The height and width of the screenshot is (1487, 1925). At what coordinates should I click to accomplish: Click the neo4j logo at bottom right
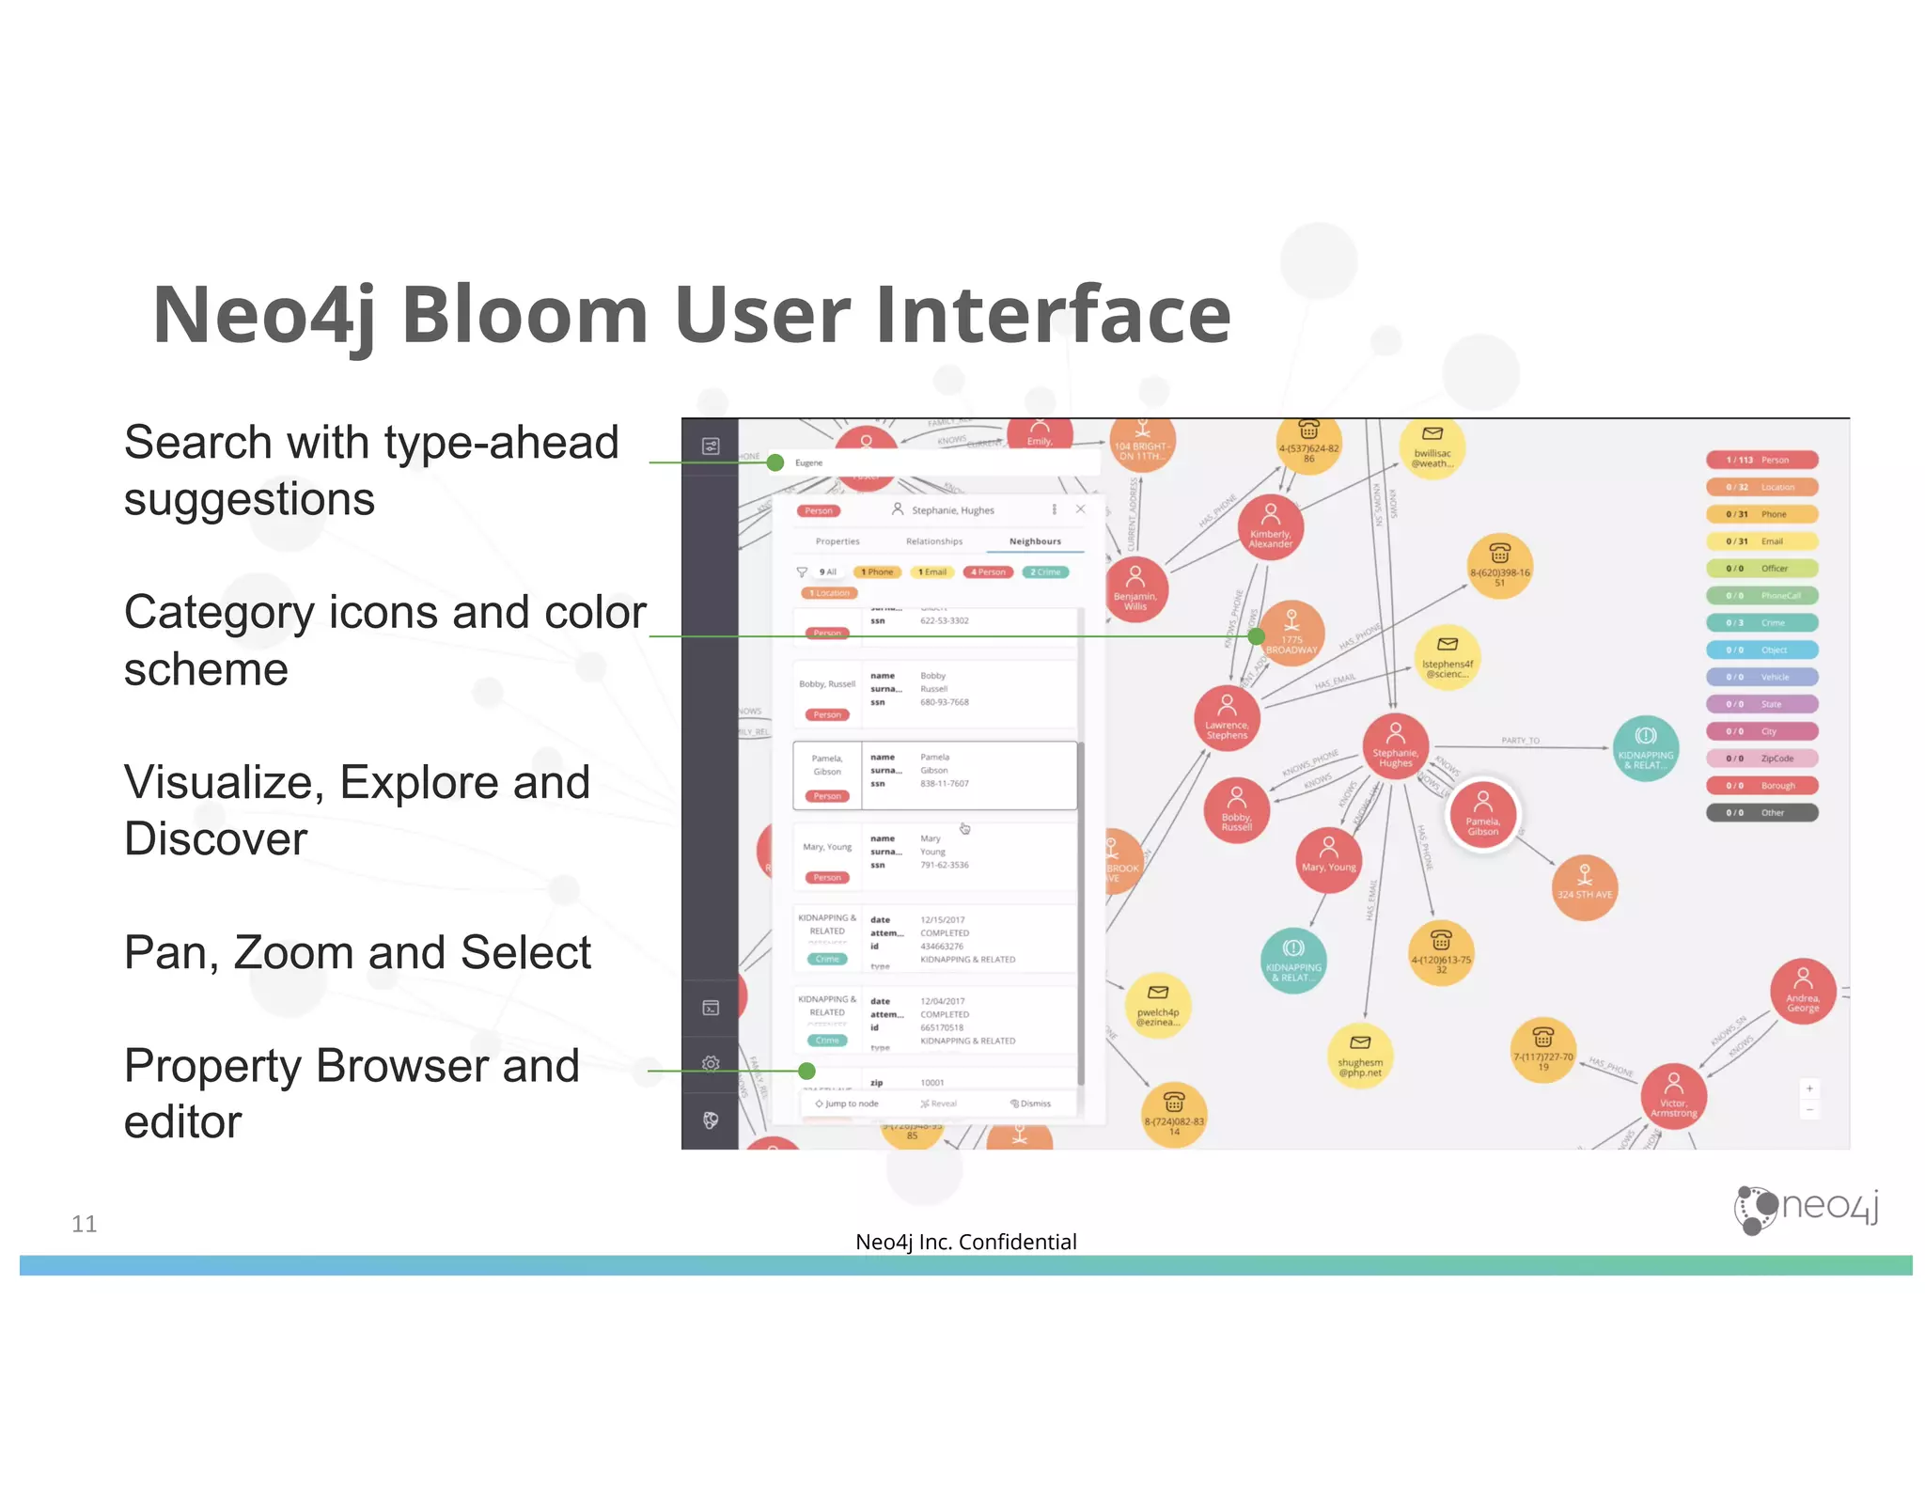pyautogui.click(x=1806, y=1209)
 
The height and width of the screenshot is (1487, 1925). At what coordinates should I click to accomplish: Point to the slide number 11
pyautogui.click(x=84, y=1224)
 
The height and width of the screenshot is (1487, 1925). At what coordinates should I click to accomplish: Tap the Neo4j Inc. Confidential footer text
pyautogui.click(x=965, y=1242)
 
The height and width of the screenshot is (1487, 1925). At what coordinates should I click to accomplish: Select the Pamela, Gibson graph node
pyautogui.click(x=1482, y=814)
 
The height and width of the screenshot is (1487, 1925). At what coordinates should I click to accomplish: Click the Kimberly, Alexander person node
pyautogui.click(x=1270, y=527)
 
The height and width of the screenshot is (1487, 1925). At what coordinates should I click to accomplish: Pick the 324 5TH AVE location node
pyautogui.click(x=1584, y=886)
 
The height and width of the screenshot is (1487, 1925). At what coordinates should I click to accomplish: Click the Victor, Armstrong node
pyautogui.click(x=1673, y=1096)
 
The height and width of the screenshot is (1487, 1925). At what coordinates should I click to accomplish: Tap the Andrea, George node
pyautogui.click(x=1802, y=991)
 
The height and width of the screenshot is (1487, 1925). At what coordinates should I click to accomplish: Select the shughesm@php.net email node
pyautogui.click(x=1359, y=1056)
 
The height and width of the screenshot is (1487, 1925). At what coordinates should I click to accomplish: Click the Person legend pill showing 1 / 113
pyautogui.click(x=1761, y=460)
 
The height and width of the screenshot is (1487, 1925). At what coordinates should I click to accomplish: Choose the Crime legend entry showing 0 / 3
pyautogui.click(x=1761, y=622)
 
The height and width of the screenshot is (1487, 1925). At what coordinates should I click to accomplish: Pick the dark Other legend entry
pyautogui.click(x=1761, y=812)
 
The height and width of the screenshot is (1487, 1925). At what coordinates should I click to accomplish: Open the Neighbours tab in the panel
pyautogui.click(x=1034, y=541)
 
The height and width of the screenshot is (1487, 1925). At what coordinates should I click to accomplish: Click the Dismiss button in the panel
pyautogui.click(x=1031, y=1104)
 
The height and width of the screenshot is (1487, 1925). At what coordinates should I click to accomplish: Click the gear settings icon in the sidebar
pyautogui.click(x=711, y=1063)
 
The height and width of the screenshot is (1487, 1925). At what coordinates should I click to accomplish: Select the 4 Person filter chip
pyautogui.click(x=987, y=571)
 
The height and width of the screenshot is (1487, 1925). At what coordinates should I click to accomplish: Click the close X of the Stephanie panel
pyautogui.click(x=1080, y=509)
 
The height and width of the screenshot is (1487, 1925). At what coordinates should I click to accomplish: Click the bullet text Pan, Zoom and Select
pyautogui.click(x=357, y=952)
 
